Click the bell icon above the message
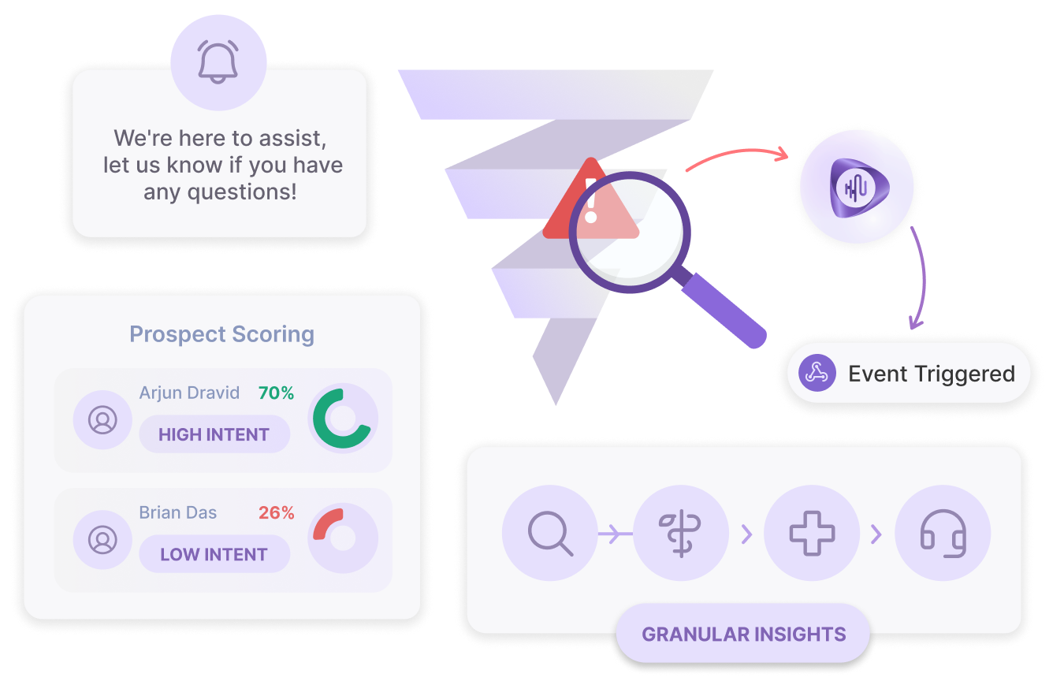pyautogui.click(x=218, y=62)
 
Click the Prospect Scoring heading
pyautogui.click(x=221, y=334)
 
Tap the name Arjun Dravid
pyautogui.click(x=189, y=393)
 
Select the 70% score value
pyautogui.click(x=276, y=393)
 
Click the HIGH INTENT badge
pyautogui.click(x=214, y=434)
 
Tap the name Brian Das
pyautogui.click(x=178, y=512)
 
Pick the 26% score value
pyautogui.click(x=276, y=512)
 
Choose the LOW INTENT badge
pyautogui.click(x=214, y=554)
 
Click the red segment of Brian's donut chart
pyautogui.click(x=326, y=522)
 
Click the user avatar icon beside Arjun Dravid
pyautogui.click(x=102, y=420)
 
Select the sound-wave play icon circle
pyautogui.click(x=857, y=186)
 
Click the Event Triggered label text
pyautogui.click(x=931, y=374)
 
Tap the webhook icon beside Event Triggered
pyautogui.click(x=817, y=373)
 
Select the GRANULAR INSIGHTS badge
pyautogui.click(x=743, y=634)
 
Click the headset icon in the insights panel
pyautogui.click(x=943, y=534)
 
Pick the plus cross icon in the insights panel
pyautogui.click(x=812, y=534)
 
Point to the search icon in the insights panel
pyautogui.click(x=550, y=534)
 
